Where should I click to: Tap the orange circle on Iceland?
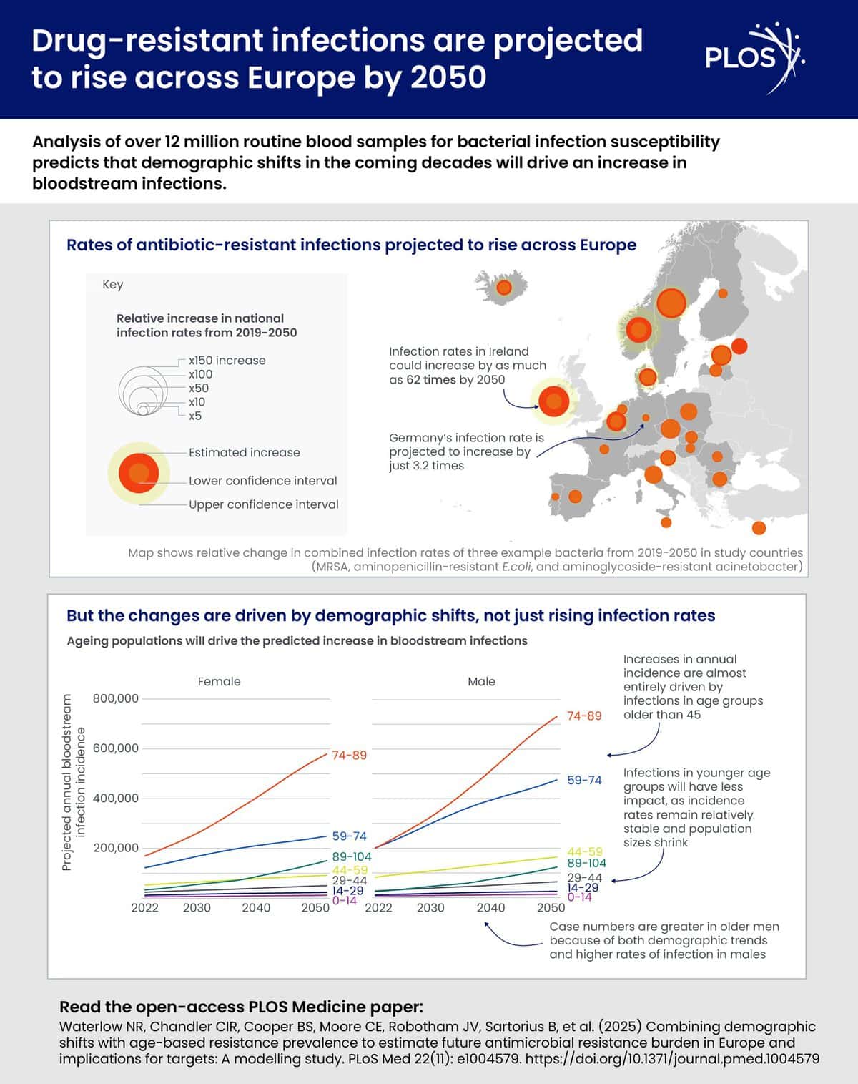[504, 288]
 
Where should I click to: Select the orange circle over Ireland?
[553, 401]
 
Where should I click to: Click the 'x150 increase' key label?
[227, 361]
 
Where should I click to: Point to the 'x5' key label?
[195, 416]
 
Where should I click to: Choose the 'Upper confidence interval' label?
[263, 504]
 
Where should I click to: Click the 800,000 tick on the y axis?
[116, 698]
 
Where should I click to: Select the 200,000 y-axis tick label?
[116, 848]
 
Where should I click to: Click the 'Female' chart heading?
[220, 681]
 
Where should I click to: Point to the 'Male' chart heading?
[481, 681]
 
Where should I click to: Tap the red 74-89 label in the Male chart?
[584, 716]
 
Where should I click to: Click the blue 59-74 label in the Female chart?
[350, 836]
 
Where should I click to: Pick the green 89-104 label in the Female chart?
[352, 856]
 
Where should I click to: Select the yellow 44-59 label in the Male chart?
[585, 851]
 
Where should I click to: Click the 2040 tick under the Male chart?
[490, 907]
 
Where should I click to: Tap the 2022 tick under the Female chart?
[144, 907]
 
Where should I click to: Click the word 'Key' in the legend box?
[113, 285]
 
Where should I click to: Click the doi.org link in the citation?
[672, 1058]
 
